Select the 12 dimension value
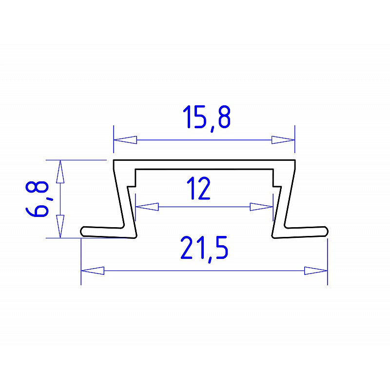pos(199,188)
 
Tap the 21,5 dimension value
pos(204,249)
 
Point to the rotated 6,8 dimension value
pos(38,199)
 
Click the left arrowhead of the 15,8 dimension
pos(125,140)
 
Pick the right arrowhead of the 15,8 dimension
pos(283,140)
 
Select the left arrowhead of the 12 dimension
pos(147,207)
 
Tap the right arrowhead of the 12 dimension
pos(261,207)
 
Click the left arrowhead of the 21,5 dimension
pos(93,271)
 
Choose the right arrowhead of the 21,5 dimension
pos(316,271)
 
